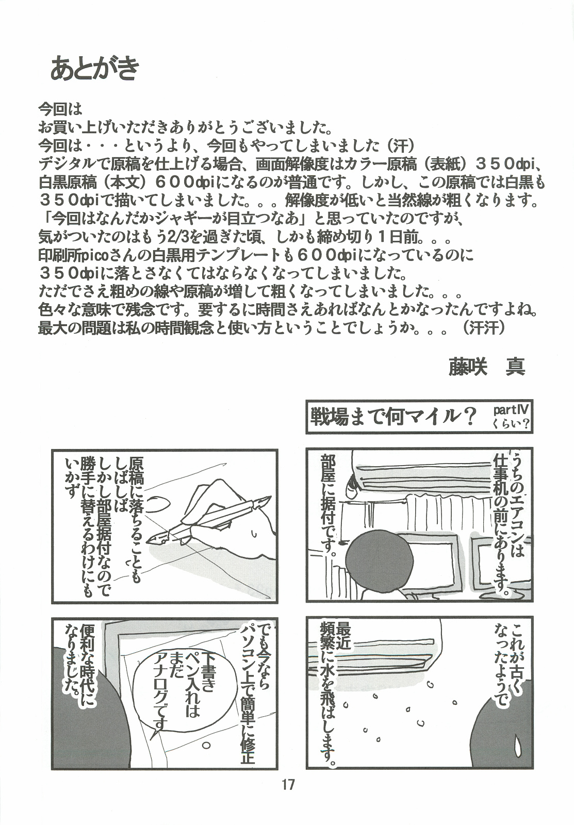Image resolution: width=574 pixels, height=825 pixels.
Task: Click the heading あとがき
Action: tap(95, 68)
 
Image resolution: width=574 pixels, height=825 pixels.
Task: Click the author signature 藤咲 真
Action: tap(487, 366)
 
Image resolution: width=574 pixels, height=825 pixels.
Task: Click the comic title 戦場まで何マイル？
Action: tap(391, 416)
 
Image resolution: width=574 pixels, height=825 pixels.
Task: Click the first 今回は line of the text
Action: tap(60, 109)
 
